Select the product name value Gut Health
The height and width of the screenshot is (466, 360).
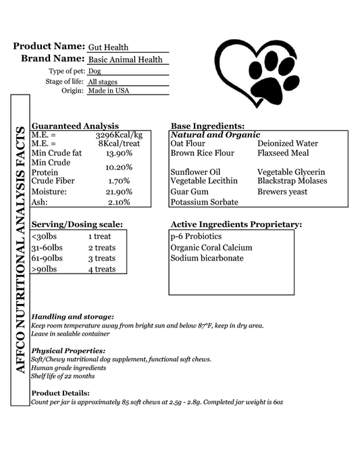108,47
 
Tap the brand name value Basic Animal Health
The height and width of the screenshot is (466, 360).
126,59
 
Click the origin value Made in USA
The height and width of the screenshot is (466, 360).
108,90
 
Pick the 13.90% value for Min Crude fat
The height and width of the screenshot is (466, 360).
119,153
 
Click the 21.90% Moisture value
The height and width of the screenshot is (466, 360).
119,192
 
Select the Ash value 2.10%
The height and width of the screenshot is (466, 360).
119,202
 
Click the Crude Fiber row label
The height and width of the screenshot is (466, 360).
53,181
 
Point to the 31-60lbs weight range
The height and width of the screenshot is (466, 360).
47,247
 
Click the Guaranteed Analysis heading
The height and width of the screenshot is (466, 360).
75,126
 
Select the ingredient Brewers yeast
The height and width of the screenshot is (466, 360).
282,192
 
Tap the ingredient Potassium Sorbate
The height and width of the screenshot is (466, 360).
204,202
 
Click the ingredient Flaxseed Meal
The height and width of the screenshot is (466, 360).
283,153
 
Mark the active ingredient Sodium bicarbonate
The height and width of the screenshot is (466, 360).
207,258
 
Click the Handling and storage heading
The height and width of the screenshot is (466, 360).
73,317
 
